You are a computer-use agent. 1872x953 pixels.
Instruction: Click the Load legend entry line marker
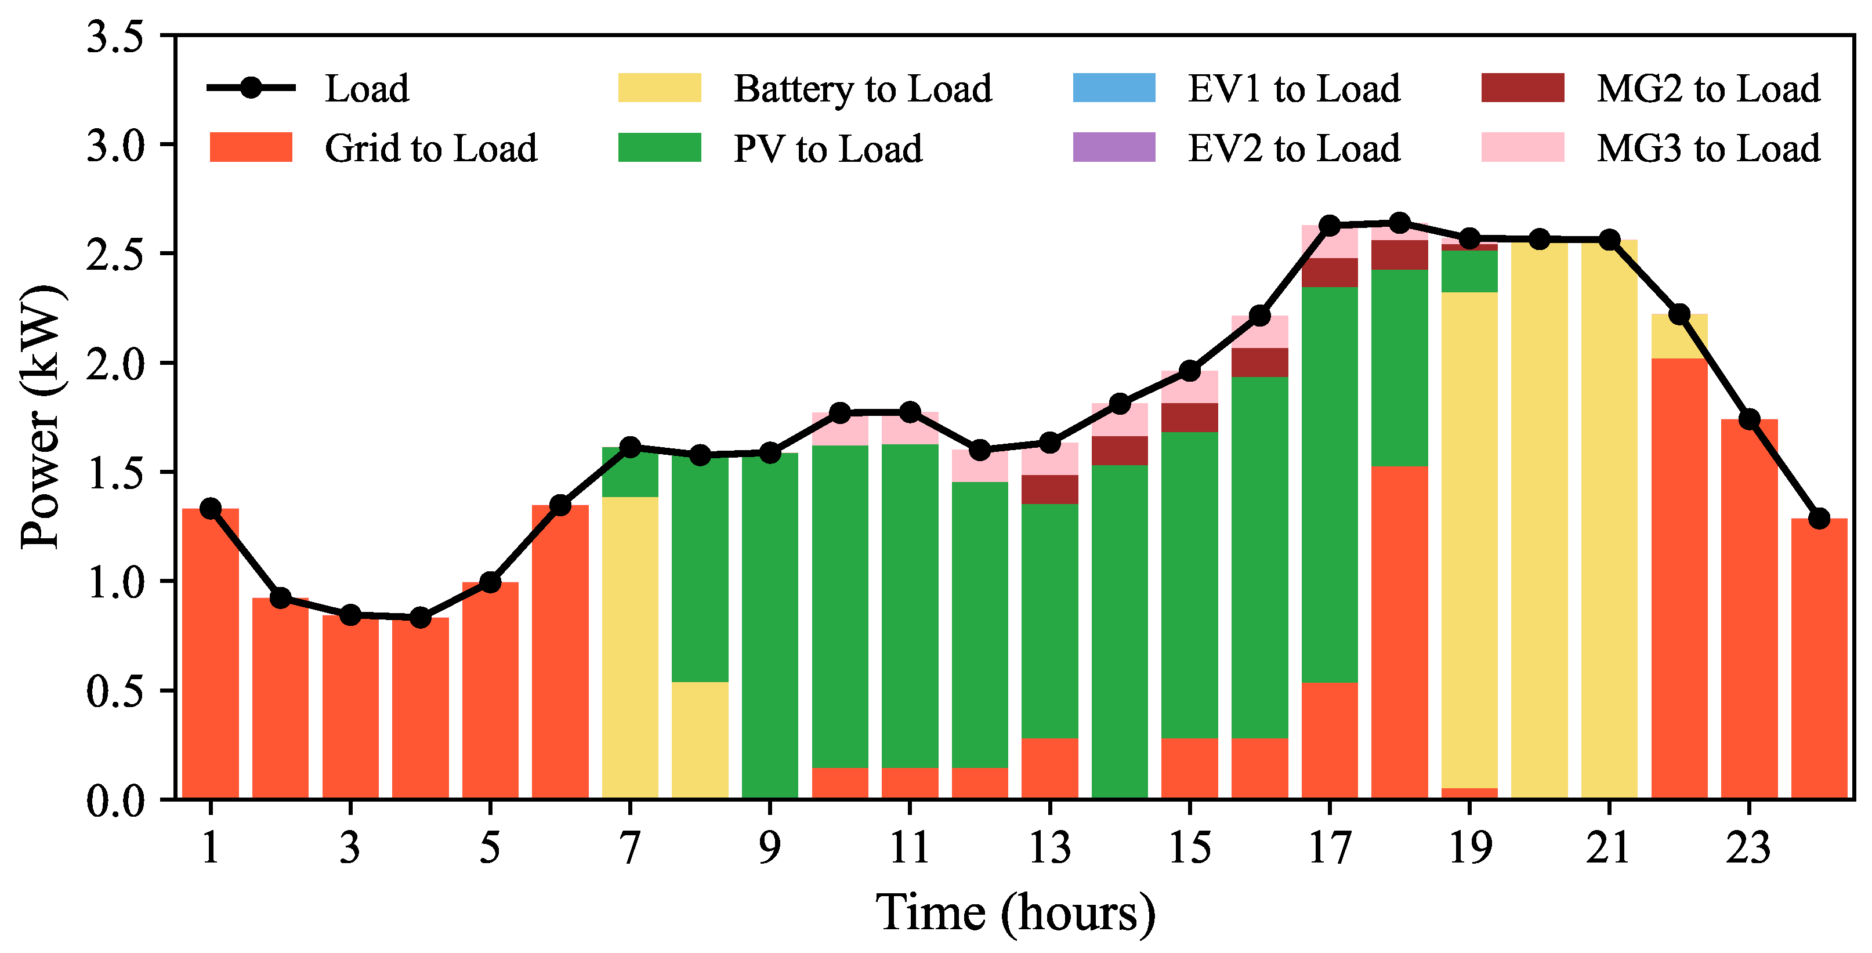pos(251,88)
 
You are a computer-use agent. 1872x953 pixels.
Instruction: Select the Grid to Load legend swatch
pos(251,147)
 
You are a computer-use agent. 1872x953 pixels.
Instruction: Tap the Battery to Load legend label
pos(862,89)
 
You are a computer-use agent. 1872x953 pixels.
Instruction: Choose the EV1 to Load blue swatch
pos(1113,88)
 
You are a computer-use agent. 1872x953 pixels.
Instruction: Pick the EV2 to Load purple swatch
pos(1113,147)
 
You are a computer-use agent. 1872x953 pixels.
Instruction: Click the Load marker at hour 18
pos(1399,222)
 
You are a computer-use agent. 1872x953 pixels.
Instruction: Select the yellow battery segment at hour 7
pos(630,647)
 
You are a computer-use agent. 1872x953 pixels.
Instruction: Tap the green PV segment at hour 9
pos(770,625)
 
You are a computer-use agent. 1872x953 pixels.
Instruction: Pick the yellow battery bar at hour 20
pos(1539,519)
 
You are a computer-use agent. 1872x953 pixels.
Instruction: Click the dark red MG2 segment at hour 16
pos(1259,363)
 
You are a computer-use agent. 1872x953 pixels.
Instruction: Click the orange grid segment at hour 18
pos(1399,632)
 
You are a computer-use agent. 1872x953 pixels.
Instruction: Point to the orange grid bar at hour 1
pos(211,654)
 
